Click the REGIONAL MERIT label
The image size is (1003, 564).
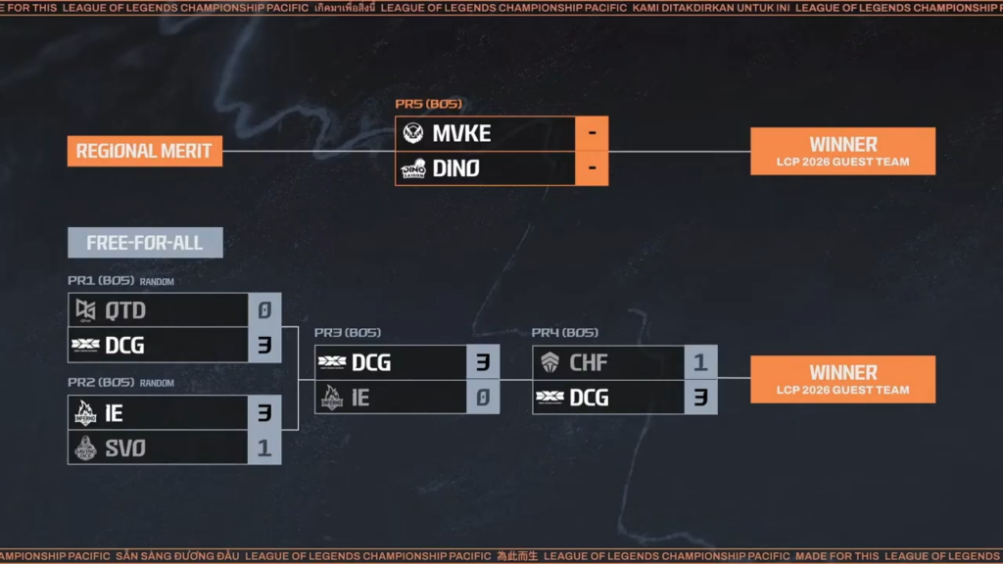pyautogui.click(x=144, y=151)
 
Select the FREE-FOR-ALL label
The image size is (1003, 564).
pyautogui.click(x=144, y=243)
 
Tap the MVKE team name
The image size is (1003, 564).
pyautogui.click(x=461, y=134)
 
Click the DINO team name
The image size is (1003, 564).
pyautogui.click(x=455, y=168)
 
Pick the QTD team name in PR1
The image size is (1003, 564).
pyautogui.click(x=124, y=310)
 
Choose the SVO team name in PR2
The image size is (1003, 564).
pyautogui.click(x=124, y=447)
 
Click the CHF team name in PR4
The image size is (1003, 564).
pyautogui.click(x=588, y=363)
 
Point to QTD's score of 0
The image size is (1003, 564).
pyautogui.click(x=264, y=310)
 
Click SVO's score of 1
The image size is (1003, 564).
pyautogui.click(x=264, y=447)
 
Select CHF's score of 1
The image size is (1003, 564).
pyautogui.click(x=700, y=363)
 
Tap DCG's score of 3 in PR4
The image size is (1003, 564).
pyautogui.click(x=700, y=398)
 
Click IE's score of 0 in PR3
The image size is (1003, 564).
pyautogui.click(x=482, y=398)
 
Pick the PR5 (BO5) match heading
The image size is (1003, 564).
pyautogui.click(x=428, y=104)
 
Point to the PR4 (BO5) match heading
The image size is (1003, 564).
pyautogui.click(x=564, y=333)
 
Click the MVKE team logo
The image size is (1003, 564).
pyautogui.click(x=413, y=134)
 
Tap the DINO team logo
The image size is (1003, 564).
pyautogui.click(x=413, y=168)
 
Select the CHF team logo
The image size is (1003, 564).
pyautogui.click(x=550, y=363)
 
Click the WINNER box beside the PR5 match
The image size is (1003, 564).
pyautogui.click(x=842, y=151)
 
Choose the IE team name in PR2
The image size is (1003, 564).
pyautogui.click(x=114, y=413)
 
